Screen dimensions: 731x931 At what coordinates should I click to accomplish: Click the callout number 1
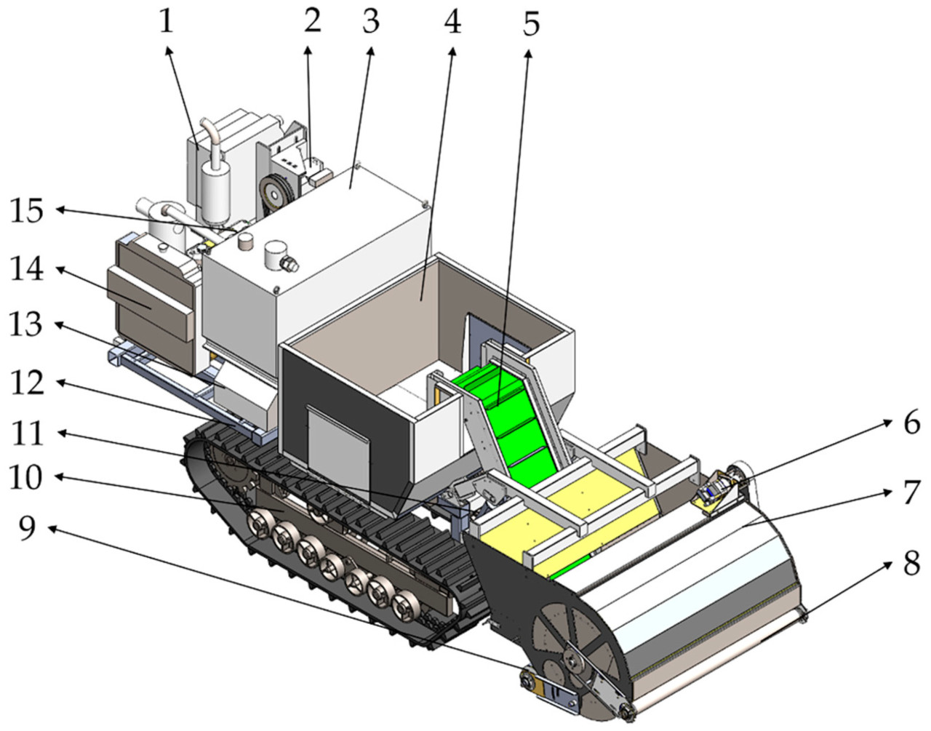click(167, 22)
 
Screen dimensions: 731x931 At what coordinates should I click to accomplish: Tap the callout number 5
click(532, 25)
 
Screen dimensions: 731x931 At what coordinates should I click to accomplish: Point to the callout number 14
click(26, 271)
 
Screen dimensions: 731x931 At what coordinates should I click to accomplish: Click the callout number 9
click(26, 529)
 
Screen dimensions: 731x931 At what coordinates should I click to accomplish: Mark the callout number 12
click(26, 383)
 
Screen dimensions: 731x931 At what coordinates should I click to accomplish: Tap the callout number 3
click(371, 22)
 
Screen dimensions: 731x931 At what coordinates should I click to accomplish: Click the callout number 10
click(26, 478)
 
